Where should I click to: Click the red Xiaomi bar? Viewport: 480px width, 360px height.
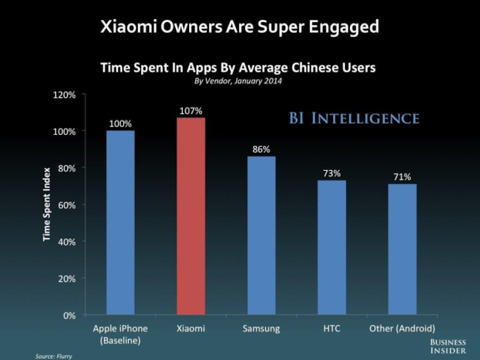click(191, 216)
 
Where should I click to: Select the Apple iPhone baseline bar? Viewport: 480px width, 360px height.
click(120, 222)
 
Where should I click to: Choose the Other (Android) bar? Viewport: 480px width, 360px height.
click(402, 249)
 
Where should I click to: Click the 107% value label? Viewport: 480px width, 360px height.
click(191, 111)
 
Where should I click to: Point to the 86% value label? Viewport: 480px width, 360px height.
click(261, 149)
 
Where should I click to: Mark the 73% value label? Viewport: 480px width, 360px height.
click(331, 173)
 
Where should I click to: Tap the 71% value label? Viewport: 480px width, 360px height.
click(402, 177)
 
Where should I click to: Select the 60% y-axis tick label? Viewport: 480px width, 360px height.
click(67, 205)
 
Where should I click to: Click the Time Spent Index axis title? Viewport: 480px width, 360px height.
click(46, 204)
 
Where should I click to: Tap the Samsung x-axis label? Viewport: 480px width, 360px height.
click(261, 329)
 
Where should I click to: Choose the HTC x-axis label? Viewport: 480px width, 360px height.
click(331, 329)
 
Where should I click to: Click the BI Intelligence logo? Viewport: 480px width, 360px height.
click(353, 118)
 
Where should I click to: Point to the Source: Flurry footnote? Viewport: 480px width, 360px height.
click(53, 356)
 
